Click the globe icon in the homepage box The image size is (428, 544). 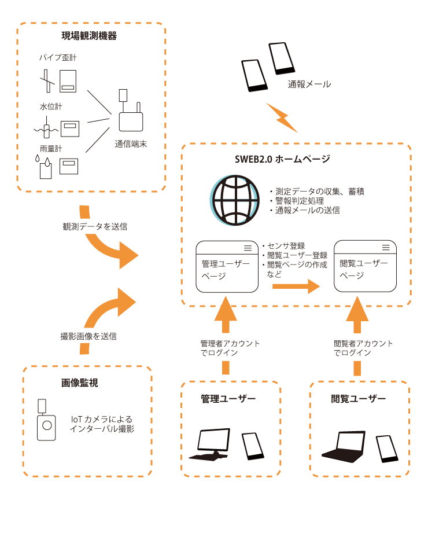coord(235,201)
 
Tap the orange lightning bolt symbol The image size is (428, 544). coord(282,117)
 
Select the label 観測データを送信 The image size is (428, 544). coord(93,226)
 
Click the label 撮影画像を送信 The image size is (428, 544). coord(89,336)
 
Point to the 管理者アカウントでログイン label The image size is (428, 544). coord(226,347)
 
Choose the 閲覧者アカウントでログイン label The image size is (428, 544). coord(357,347)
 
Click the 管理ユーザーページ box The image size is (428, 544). coord(227,267)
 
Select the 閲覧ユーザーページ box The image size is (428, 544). coord(365,266)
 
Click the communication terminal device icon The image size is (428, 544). coord(131,116)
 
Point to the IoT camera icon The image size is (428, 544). coord(46,421)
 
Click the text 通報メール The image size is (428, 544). coord(309,84)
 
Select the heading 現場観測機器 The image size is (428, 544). coord(90,36)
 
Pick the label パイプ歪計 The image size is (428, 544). coord(58,58)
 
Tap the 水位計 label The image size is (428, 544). coord(51,106)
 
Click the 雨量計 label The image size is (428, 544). coord(51,149)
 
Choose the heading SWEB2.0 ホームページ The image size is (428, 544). coord(283,159)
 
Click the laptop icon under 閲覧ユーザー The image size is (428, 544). coord(345,447)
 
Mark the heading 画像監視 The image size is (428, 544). coord(80,383)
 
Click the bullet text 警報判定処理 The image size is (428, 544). coord(303,201)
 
